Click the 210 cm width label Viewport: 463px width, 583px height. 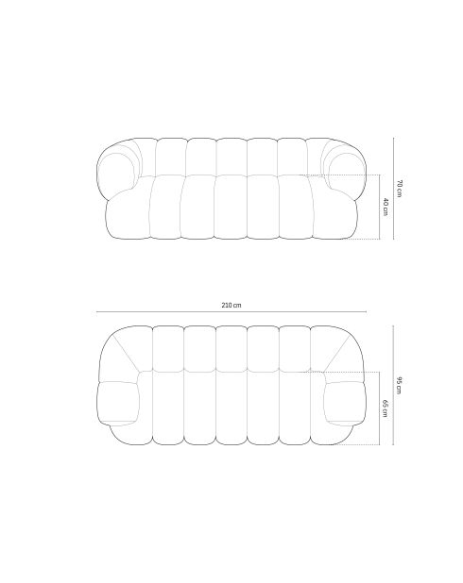point(231,306)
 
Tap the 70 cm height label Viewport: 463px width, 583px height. point(399,189)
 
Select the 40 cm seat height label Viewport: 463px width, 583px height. point(386,207)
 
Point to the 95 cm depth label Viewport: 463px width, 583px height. point(399,385)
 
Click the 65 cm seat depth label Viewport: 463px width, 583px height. point(386,408)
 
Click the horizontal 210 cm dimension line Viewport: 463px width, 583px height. point(231,311)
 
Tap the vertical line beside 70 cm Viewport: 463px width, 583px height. point(393,188)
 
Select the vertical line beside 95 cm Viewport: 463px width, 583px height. point(393,385)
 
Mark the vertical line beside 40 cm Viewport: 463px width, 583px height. point(380,207)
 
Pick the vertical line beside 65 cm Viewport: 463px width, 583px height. point(380,408)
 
